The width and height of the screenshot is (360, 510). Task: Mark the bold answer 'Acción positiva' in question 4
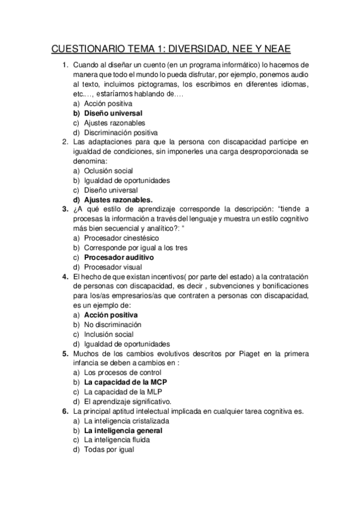(111, 315)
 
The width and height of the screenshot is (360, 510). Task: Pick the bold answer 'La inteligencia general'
(123, 431)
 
